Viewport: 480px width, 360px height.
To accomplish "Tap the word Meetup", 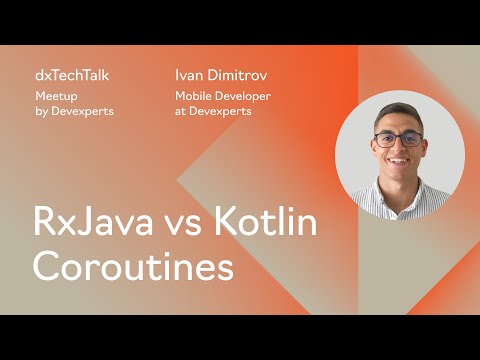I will point(54,95).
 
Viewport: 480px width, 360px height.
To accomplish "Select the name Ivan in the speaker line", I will point(189,75).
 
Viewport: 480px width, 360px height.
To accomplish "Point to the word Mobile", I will point(193,95).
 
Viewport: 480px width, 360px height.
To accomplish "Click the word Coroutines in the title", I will point(133,267).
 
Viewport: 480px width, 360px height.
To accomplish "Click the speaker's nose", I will point(399,148).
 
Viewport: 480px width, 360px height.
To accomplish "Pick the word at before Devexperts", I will point(180,111).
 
